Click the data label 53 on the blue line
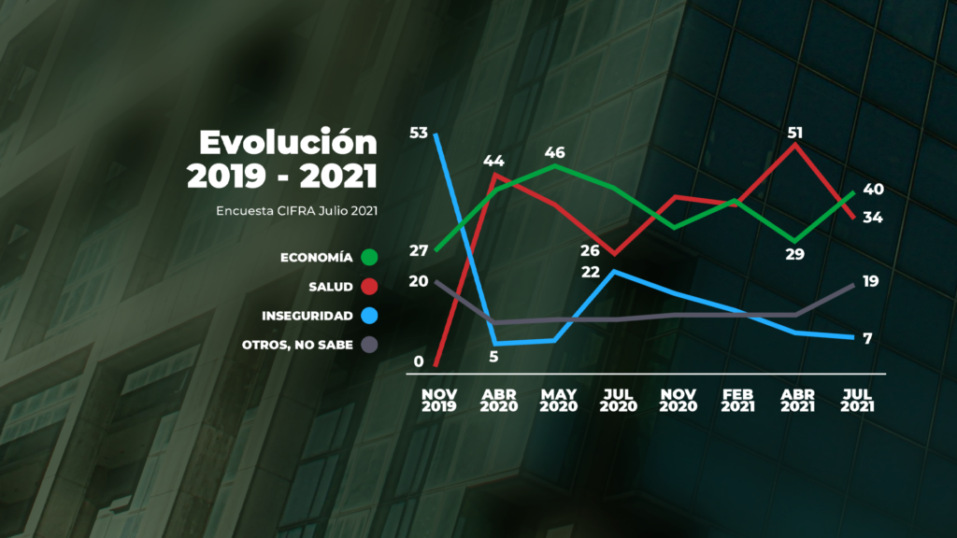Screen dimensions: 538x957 point(418,133)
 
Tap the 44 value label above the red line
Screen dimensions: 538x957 point(493,161)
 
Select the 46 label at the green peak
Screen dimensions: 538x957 point(555,151)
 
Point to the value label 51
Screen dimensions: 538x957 point(795,132)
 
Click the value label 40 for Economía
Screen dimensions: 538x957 point(874,190)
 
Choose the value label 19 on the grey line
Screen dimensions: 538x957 point(871,281)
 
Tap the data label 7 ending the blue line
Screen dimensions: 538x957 point(868,338)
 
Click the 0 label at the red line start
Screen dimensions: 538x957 point(419,361)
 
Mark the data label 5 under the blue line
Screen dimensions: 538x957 point(494,356)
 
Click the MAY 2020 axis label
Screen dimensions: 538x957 point(558,400)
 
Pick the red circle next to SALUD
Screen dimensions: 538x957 point(369,286)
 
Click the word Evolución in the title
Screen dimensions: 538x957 point(289,143)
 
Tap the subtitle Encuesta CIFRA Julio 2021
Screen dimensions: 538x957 point(296,210)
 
